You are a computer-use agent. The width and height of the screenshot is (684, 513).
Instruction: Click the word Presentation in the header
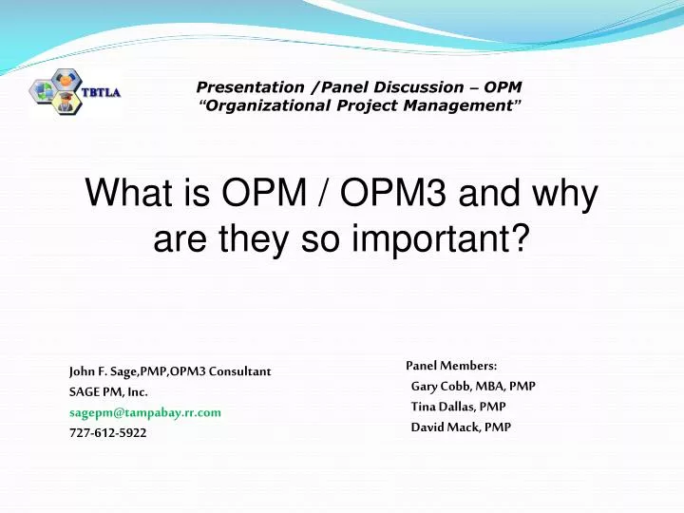(x=236, y=87)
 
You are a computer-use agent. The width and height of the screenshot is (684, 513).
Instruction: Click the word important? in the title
(x=450, y=239)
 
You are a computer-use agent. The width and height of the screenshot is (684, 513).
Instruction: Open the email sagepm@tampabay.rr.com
(x=145, y=412)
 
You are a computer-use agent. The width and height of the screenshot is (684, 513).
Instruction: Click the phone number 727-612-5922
(x=108, y=433)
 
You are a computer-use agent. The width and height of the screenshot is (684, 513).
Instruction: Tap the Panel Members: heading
(x=451, y=365)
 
